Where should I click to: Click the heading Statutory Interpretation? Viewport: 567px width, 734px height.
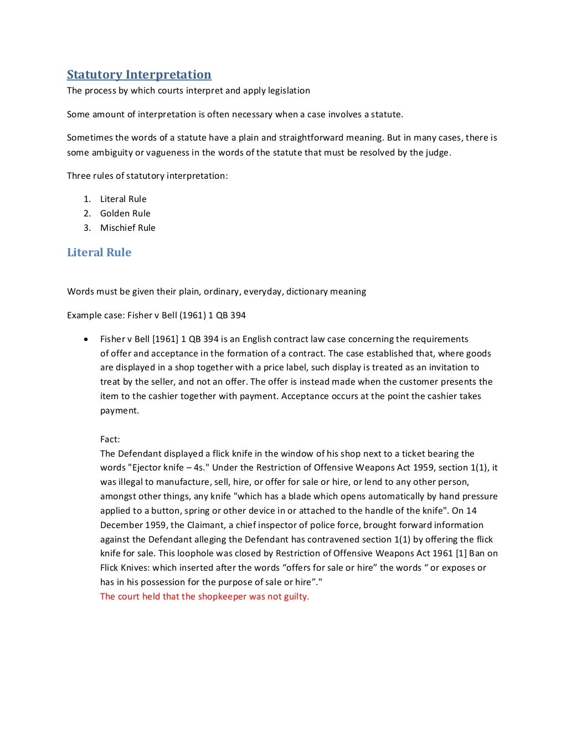point(139,75)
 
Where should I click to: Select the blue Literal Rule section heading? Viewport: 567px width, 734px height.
point(99,252)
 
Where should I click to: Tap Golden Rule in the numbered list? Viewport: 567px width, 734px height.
point(125,213)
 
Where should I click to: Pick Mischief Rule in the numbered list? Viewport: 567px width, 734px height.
point(127,228)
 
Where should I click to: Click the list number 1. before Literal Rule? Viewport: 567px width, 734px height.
point(87,199)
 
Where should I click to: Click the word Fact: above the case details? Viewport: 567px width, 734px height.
point(110,439)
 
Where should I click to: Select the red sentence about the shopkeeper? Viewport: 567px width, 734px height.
point(204,596)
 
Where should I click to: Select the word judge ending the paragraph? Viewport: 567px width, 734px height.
point(437,152)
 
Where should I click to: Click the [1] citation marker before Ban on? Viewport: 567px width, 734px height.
point(461,554)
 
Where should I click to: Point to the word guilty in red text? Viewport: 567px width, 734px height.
point(296,596)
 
